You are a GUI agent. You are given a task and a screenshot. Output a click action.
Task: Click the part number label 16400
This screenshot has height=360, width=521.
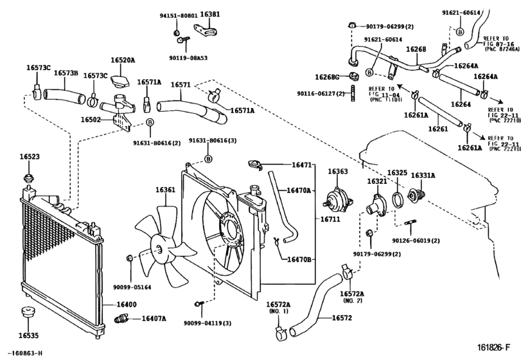127,303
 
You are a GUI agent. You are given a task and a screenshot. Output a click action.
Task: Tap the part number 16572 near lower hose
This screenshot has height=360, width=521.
342,318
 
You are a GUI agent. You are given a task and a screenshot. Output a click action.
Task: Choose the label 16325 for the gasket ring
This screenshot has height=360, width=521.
397,174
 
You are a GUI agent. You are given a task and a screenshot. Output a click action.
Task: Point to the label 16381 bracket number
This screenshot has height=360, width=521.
209,14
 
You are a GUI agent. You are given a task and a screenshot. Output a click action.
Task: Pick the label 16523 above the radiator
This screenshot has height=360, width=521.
29,156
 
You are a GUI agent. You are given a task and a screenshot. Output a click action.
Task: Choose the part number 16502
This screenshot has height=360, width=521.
91,120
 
